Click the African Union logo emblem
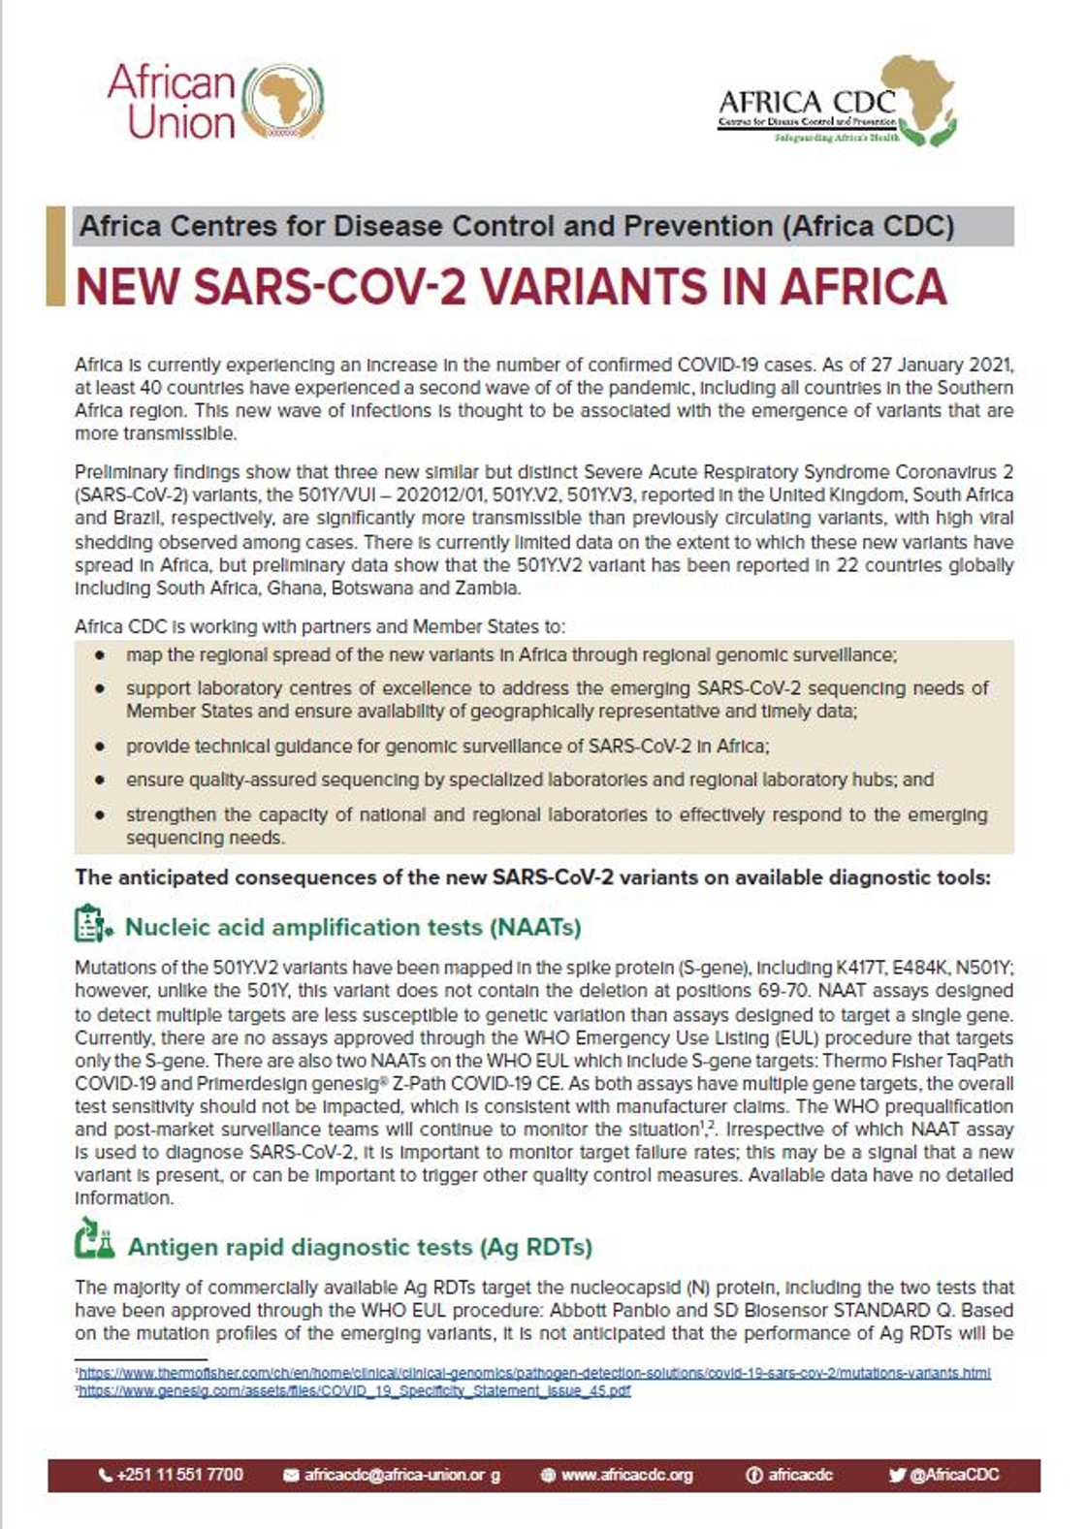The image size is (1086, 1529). (281, 101)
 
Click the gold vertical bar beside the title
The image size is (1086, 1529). (55, 256)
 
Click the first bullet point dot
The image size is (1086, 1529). (100, 656)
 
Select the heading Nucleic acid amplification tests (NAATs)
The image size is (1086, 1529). (353, 928)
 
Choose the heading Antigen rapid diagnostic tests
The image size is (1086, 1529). (360, 1247)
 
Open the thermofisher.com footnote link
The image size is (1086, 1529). (534, 1373)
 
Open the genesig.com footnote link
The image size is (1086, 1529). (354, 1390)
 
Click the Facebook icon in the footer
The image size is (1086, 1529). (753, 1475)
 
